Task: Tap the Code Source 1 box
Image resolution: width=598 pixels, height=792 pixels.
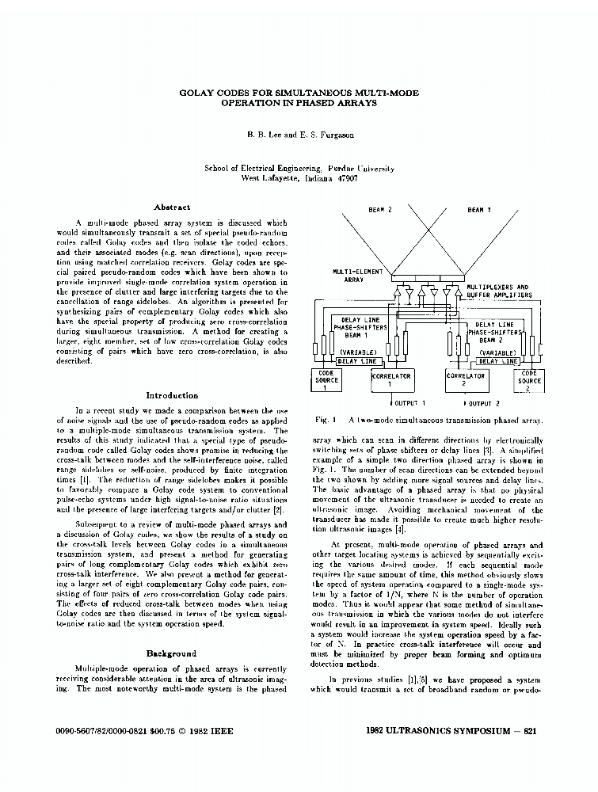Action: [327, 380]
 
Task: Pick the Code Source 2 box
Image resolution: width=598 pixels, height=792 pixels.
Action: [530, 380]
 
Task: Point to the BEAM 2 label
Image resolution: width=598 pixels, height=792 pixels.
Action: [380, 209]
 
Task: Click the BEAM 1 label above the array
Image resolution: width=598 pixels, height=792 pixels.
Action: [479, 209]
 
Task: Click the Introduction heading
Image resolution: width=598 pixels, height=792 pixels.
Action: [172, 395]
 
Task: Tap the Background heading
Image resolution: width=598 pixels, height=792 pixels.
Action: [171, 653]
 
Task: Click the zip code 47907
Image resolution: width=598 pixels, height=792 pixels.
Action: [345, 179]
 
